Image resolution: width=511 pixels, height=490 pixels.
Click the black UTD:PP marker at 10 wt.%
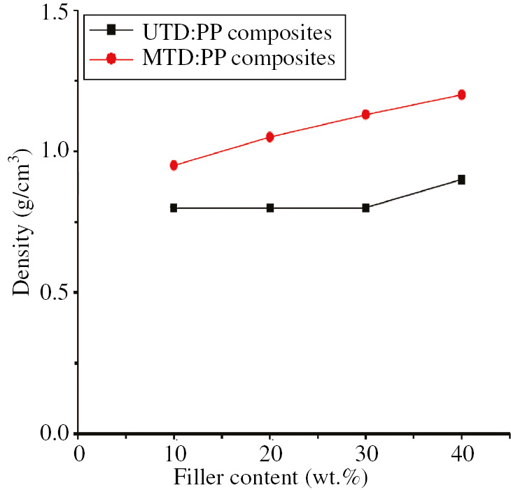tap(174, 208)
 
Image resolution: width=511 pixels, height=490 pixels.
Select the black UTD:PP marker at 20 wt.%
tap(270, 208)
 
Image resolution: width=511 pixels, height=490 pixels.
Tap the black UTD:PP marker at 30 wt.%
tap(365, 208)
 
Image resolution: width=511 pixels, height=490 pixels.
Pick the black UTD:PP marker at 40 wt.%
tap(461, 180)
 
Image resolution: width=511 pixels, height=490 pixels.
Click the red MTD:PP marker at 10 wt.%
tap(174, 166)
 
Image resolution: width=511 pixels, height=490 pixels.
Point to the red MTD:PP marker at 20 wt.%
tap(270, 137)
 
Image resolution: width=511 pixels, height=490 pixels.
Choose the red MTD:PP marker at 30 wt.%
tap(365, 114)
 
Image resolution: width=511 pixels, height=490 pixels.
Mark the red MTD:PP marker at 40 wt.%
tap(461, 94)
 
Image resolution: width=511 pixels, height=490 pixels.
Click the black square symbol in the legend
tap(111, 31)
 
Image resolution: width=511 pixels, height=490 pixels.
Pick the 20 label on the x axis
tap(270, 454)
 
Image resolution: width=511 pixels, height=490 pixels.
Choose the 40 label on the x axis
tap(461, 454)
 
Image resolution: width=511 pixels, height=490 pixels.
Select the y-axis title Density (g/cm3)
tap(22, 222)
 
